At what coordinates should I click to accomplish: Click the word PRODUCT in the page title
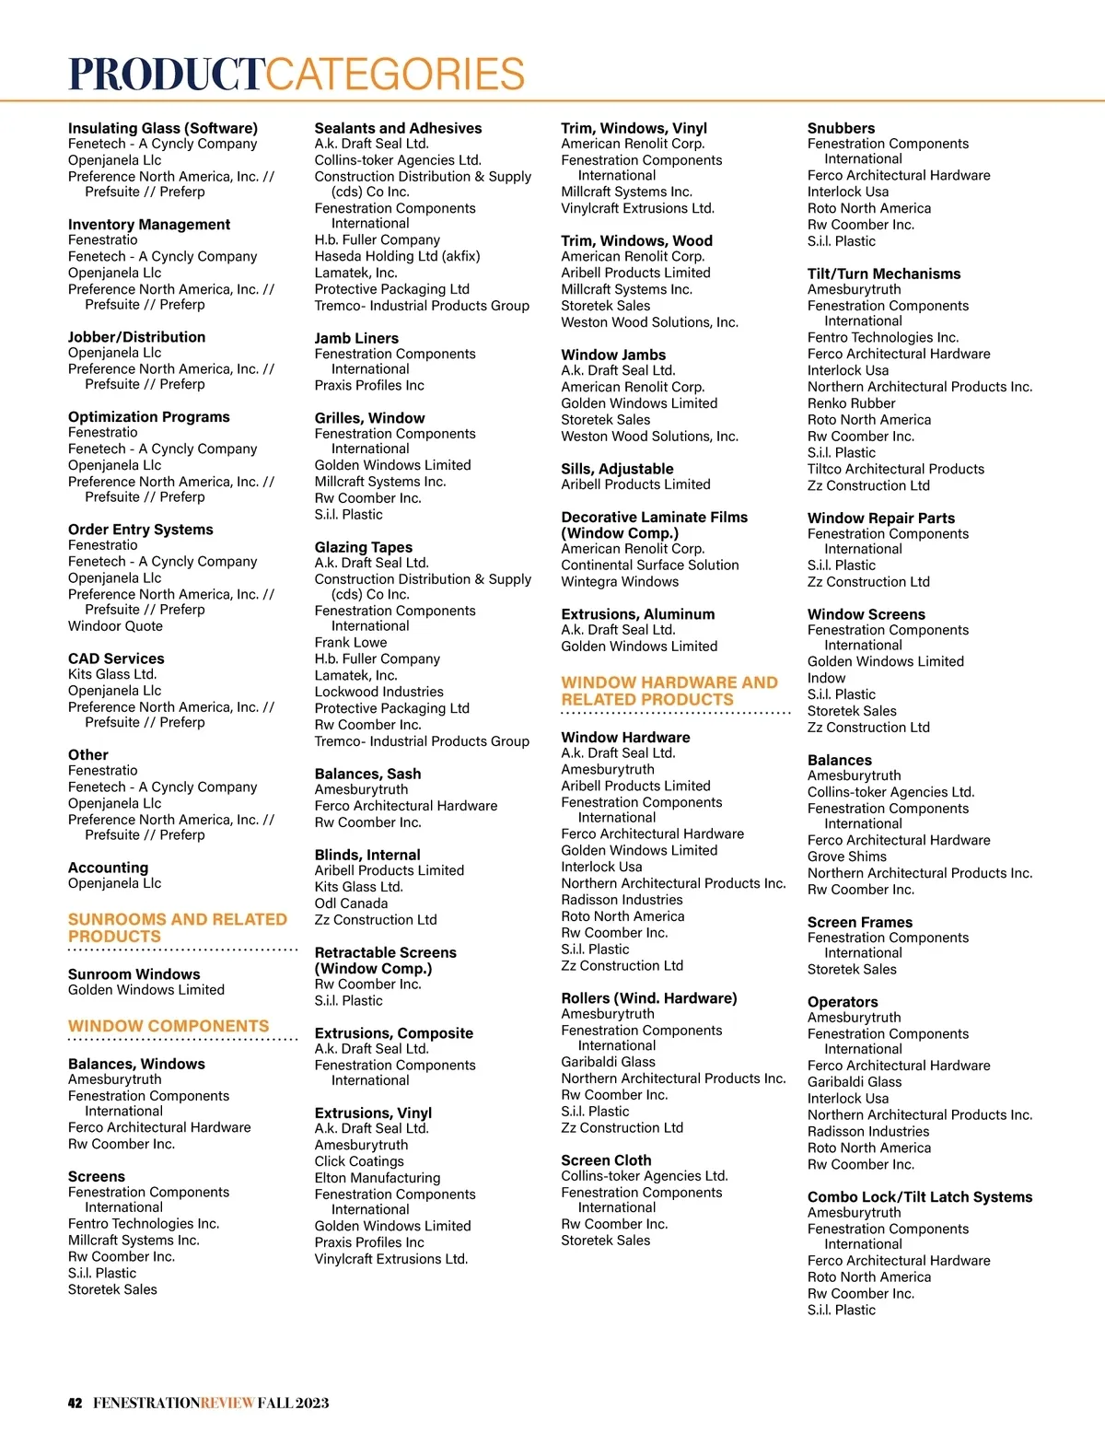[x=168, y=75]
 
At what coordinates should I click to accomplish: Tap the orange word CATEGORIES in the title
[x=396, y=75]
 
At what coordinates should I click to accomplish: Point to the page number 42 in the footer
[x=75, y=1404]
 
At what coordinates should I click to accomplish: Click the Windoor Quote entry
[x=115, y=626]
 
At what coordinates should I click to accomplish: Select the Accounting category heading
[x=108, y=868]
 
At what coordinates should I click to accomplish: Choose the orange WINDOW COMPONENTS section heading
[x=169, y=1026]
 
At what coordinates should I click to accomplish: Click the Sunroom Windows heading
[x=134, y=974]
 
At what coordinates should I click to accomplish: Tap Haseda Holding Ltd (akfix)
[x=397, y=256]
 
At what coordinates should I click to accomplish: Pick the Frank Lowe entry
[x=350, y=643]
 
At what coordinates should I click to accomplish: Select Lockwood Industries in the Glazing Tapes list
[x=378, y=692]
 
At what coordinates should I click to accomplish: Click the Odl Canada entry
[x=351, y=903]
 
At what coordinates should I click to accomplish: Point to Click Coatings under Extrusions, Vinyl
[x=359, y=1161]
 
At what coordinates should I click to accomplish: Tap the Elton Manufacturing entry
[x=377, y=1178]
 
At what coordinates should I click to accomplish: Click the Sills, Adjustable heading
[x=617, y=469]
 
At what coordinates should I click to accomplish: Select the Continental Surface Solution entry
[x=649, y=565]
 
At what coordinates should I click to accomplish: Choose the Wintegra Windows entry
[x=620, y=582]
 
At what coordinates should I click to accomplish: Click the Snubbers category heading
[x=841, y=128]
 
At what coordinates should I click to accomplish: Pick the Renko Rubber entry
[x=851, y=403]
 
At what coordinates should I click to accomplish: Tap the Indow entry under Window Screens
[x=826, y=678]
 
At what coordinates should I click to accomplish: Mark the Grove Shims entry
[x=846, y=857]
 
